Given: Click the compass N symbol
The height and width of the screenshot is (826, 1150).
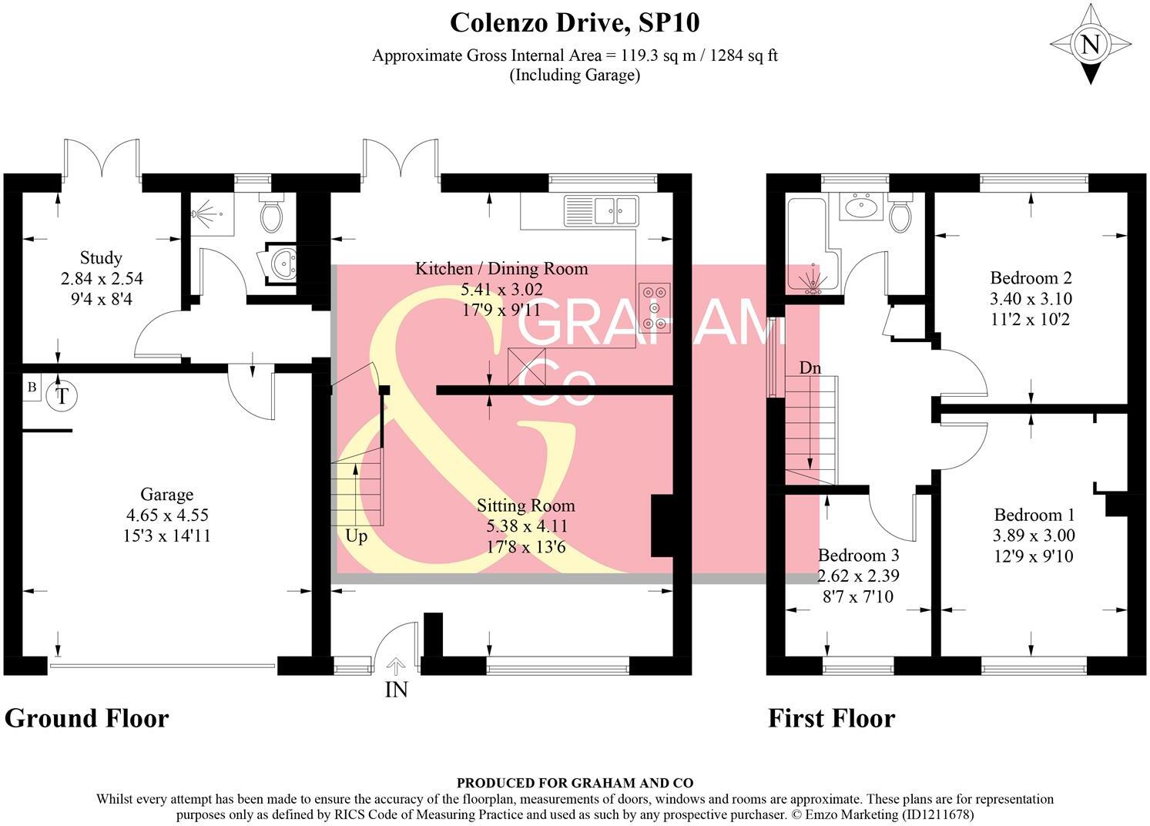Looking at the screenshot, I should (x=1090, y=45).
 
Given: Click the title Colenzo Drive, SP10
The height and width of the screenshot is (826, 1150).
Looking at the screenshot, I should (x=575, y=23).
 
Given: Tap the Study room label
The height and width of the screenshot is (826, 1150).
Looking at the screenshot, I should (x=101, y=258).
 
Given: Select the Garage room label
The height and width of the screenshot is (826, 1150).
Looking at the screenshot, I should (x=166, y=495).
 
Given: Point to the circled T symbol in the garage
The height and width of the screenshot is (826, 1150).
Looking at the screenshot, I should (x=61, y=397).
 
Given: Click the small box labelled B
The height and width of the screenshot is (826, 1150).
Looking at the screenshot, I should (x=32, y=388).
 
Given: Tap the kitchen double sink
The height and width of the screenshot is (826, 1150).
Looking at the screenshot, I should (x=601, y=209).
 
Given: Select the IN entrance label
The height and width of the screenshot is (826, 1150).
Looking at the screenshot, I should (x=396, y=690).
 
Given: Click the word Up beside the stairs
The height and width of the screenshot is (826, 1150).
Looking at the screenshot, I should (x=356, y=536).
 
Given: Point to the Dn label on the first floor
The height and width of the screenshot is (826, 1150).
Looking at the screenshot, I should (x=810, y=368).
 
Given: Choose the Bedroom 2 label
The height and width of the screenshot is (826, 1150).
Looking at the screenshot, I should (x=1031, y=278).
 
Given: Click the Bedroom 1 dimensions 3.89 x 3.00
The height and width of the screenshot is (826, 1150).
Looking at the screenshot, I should (x=1034, y=536).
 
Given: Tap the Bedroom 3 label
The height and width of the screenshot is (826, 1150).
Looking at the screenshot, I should (x=858, y=556).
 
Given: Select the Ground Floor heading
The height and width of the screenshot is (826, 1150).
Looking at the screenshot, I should (x=86, y=718).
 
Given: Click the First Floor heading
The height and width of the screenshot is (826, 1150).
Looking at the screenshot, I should (x=831, y=718).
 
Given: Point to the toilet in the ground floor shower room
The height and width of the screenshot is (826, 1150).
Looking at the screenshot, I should (x=272, y=213).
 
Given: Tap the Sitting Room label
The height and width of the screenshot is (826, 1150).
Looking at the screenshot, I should (x=526, y=506).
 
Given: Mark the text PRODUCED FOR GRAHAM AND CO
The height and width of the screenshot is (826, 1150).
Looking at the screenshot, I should (x=575, y=782).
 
